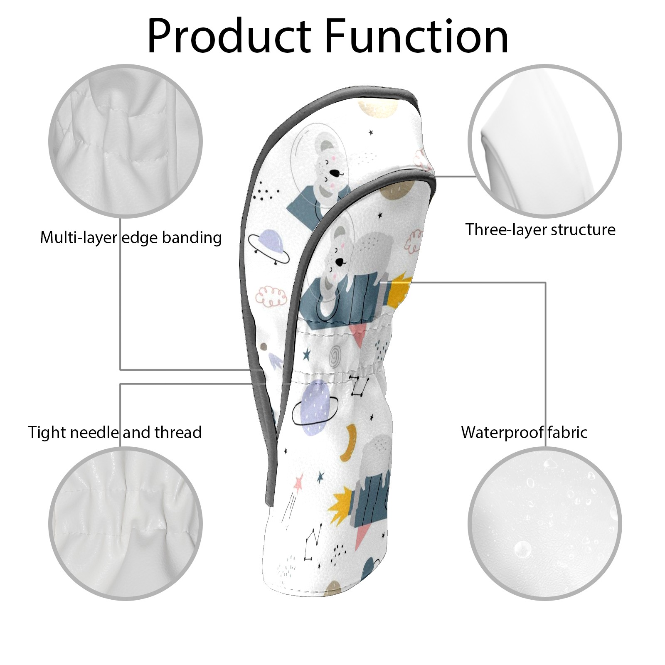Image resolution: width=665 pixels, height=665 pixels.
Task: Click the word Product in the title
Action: [229, 36]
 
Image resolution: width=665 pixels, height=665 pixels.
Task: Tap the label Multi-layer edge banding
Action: [131, 238]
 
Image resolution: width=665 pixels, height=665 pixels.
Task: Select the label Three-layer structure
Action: [540, 229]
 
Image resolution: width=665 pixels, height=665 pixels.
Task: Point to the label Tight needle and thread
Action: [115, 432]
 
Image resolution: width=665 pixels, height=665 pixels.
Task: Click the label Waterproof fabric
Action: [524, 432]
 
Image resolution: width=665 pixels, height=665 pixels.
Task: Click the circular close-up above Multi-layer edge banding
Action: [126, 141]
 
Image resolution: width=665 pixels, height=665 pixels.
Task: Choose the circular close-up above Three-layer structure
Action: [545, 141]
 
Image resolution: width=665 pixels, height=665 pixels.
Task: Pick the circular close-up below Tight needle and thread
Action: [126, 524]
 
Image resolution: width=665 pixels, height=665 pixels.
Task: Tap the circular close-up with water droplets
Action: [545, 524]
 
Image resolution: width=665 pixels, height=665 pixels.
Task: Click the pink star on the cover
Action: [298, 482]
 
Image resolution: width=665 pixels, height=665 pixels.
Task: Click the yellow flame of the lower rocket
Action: [339, 504]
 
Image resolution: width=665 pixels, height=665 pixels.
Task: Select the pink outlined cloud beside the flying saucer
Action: [271, 295]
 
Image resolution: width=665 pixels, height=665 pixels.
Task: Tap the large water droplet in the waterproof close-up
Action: [522, 549]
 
